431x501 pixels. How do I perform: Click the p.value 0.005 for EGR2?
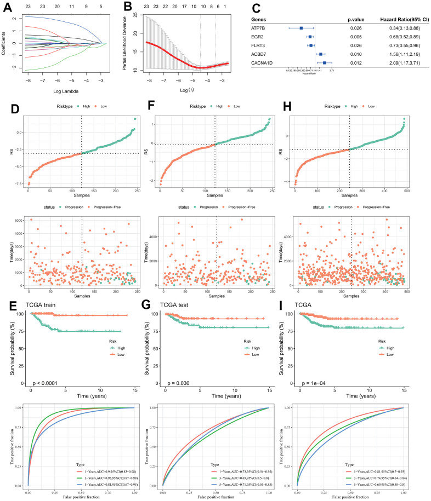(354, 37)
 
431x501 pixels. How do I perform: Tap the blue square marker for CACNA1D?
(325, 63)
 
